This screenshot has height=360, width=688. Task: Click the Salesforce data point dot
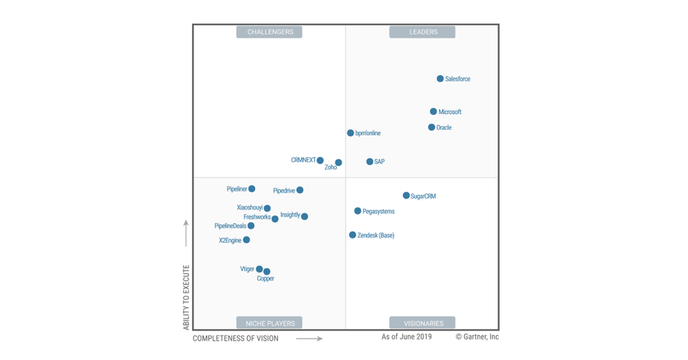pos(440,79)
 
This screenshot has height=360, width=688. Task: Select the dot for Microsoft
pos(434,112)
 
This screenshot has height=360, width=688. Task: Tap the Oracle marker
pos(431,128)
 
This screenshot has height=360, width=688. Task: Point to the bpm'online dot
pos(350,133)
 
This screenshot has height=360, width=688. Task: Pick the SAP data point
pos(370,162)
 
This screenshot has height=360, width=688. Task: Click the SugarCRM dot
pos(406,196)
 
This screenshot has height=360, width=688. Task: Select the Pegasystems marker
pos(358,212)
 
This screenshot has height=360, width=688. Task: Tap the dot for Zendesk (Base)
pos(353,235)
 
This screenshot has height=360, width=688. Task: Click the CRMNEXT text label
pos(303,161)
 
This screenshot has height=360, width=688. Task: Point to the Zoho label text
pos(330,168)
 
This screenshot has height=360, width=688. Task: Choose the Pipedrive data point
pos(300,191)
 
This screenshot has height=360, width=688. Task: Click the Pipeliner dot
pos(252,189)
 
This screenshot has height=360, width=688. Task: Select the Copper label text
pos(265,279)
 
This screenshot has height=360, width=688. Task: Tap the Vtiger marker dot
pos(259,270)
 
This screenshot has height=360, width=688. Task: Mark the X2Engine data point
pos(247,240)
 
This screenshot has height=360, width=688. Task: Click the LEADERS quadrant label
pos(423,32)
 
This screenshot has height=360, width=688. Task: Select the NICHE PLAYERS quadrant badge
pos(269,323)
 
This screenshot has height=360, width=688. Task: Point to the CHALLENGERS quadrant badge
pos(269,32)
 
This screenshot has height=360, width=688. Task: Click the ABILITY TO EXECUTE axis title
pos(186,297)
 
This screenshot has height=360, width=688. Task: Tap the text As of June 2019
pos(406,337)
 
